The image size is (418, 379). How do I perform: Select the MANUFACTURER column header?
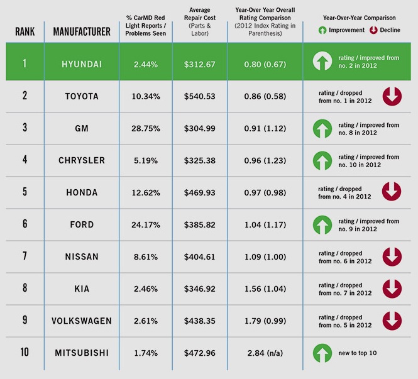(82, 31)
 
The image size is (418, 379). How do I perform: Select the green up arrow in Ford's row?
(322, 224)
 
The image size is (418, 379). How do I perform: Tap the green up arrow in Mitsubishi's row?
(322, 353)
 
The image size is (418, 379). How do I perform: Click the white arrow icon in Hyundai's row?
(322, 62)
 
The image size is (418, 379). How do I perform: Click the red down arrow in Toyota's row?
(392, 96)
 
